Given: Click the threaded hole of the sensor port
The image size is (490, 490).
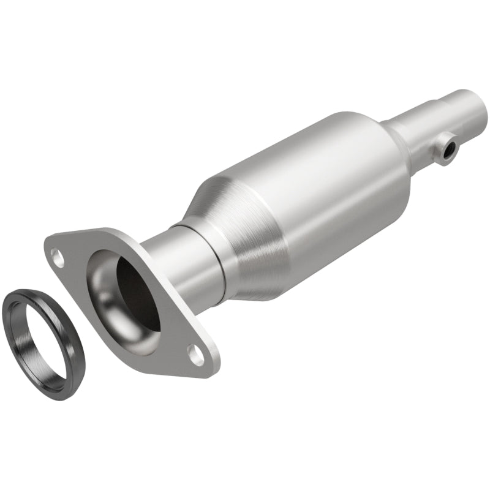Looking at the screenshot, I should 451,147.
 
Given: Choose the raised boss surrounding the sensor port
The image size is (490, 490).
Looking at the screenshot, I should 442,153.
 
